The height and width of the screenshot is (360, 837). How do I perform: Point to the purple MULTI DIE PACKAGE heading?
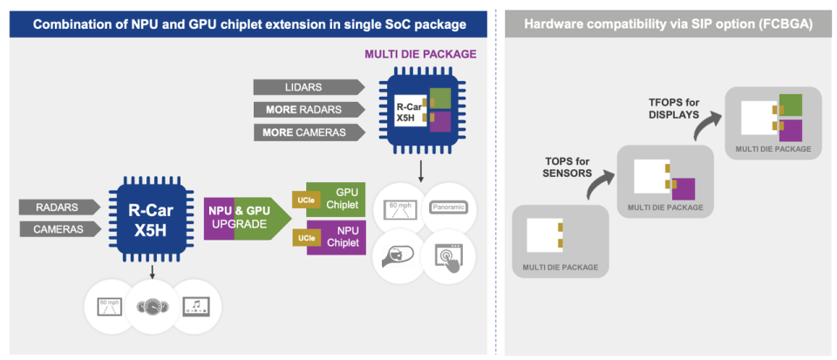(x=420, y=54)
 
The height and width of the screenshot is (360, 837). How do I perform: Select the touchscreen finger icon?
(x=447, y=256)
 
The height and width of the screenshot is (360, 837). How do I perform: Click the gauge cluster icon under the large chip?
(x=152, y=307)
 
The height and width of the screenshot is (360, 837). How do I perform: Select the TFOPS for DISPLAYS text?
(x=672, y=108)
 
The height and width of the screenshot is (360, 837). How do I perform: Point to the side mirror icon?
(x=398, y=256)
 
